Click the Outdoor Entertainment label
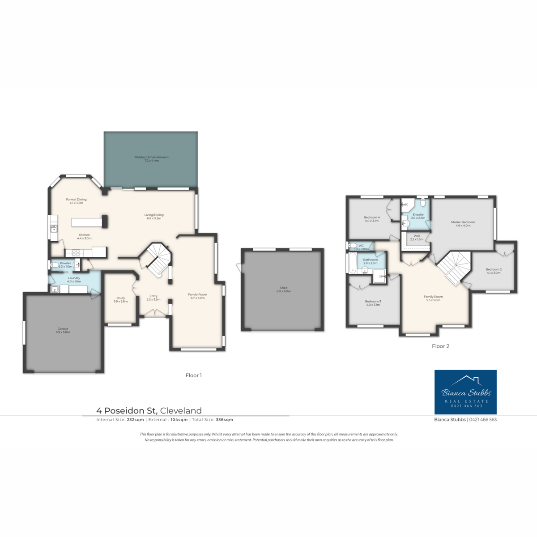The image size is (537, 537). click(152, 159)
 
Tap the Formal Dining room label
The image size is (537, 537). click(76, 201)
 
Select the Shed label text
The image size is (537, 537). click(284, 290)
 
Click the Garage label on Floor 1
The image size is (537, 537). click(63, 330)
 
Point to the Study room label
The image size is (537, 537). click(120, 299)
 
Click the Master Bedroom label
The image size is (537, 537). click(463, 224)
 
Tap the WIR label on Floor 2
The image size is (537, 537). click(417, 238)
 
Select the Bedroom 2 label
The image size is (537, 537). click(494, 271)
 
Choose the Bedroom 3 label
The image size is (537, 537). click(373, 303)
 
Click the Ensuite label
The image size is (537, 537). click(418, 216)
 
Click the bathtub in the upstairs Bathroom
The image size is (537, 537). click(352, 263)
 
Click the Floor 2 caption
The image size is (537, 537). click(440, 346)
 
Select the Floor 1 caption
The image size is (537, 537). click(193, 375)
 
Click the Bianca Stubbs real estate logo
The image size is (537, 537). click(465, 392)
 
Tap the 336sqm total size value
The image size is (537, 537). click(224, 420)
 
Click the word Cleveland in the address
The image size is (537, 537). click(181, 410)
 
